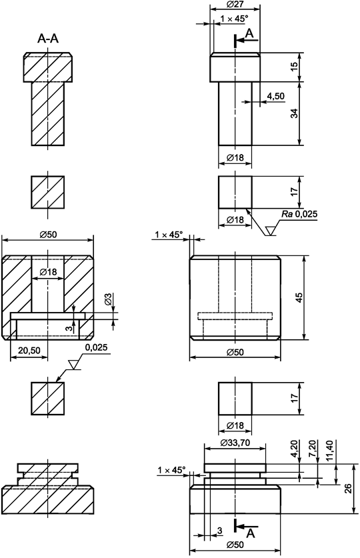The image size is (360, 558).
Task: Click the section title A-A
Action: click(48, 39)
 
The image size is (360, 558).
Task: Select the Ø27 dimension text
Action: click(235, 5)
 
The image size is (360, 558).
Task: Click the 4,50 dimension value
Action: click(275, 97)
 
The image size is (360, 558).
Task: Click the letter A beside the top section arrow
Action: click(249, 33)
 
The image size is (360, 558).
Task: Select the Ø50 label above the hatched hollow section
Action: click(48, 234)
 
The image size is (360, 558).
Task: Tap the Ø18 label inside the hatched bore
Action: click(48, 272)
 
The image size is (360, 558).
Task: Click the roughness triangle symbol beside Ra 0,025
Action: click(271, 231)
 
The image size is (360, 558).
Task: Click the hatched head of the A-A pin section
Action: click(48, 68)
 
